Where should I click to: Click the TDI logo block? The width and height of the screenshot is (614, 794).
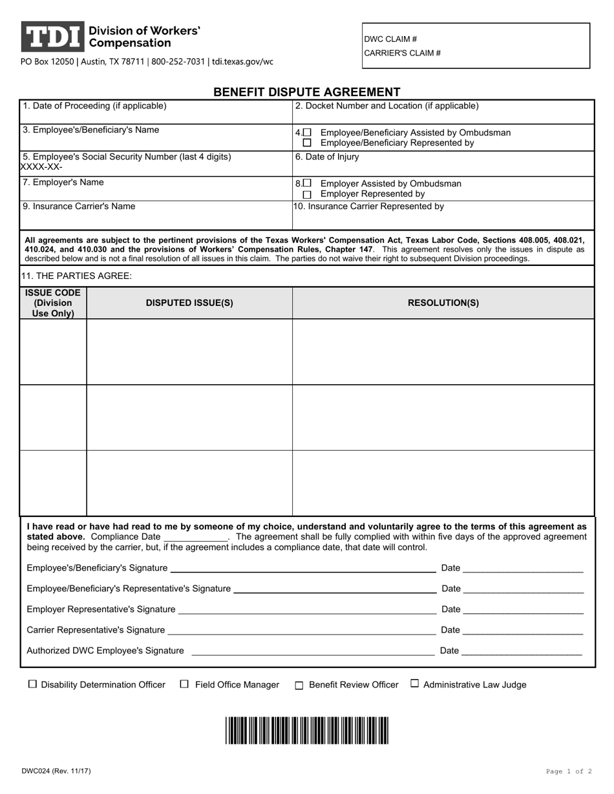point(52,37)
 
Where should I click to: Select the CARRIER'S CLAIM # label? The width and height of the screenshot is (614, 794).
point(402,54)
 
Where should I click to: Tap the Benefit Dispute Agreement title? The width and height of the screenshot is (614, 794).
point(307,92)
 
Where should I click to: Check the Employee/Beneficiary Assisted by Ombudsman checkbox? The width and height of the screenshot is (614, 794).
point(307,132)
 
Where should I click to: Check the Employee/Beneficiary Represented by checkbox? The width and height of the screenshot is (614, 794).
point(307,143)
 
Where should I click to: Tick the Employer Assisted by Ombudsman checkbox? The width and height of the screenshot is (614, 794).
point(307,183)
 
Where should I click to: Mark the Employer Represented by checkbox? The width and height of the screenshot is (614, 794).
point(307,194)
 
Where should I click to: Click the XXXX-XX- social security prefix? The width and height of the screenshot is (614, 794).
point(42,167)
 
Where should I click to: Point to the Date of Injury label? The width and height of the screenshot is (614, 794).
point(327,157)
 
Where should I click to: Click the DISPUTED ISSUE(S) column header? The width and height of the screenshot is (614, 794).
point(189,303)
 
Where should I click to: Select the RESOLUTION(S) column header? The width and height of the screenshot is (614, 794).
point(443,303)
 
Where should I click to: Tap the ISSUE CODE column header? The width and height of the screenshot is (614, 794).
point(53,303)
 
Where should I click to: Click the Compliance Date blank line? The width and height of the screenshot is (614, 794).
point(195,537)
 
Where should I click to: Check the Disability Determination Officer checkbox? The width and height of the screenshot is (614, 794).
point(32,684)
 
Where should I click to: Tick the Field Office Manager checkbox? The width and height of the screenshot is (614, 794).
point(184,684)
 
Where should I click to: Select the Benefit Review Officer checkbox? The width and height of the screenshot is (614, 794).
point(299,686)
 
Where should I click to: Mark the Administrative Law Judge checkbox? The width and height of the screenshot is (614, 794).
point(415,684)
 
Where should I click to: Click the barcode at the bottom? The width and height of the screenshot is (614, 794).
point(307,730)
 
